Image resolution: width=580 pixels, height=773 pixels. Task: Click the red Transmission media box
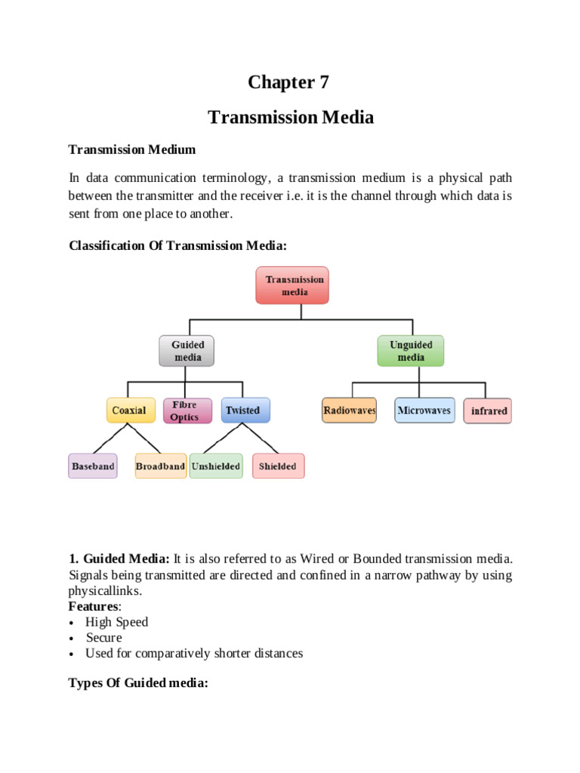click(x=292, y=285)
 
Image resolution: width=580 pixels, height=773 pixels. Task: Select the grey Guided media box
click(x=188, y=350)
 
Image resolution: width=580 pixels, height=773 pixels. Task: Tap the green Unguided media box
click(x=410, y=350)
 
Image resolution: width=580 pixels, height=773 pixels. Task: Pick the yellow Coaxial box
click(x=129, y=410)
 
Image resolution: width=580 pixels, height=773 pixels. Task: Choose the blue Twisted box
click(x=243, y=410)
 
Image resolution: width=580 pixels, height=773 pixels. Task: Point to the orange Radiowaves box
click(x=349, y=410)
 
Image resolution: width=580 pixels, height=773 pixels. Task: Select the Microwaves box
click(x=424, y=410)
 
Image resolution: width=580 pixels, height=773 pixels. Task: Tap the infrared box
click(x=488, y=411)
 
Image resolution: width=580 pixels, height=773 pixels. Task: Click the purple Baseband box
click(x=93, y=466)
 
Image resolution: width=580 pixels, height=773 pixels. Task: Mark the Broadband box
click(x=160, y=466)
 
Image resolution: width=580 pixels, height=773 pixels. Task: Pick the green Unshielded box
click(x=216, y=466)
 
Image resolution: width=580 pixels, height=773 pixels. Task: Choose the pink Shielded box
click(x=278, y=466)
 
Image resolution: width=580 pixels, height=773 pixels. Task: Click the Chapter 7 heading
click(x=290, y=82)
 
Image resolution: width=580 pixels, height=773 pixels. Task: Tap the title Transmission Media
click(x=290, y=117)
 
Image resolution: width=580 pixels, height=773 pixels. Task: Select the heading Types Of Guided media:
click(x=138, y=683)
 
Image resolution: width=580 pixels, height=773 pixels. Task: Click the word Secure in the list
click(x=103, y=637)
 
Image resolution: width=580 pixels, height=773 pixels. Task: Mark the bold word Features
click(x=94, y=606)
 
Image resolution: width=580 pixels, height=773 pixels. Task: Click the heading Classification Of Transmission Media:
click(x=178, y=245)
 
